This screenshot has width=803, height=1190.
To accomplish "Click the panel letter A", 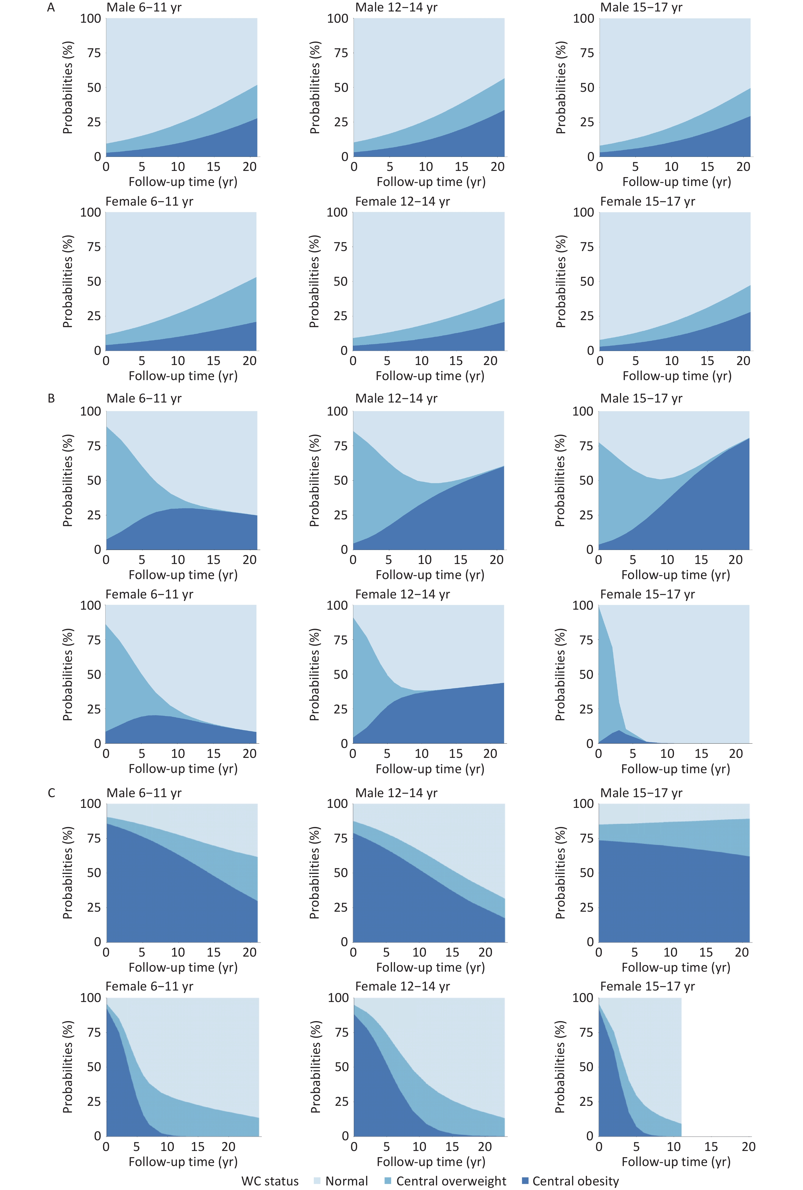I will click(51, 8).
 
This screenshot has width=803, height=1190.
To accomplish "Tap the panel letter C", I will click(51, 793).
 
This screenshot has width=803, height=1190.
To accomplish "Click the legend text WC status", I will click(270, 1181).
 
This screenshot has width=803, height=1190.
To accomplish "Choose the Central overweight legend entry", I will click(445, 1181).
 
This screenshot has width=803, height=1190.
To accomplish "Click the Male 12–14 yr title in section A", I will click(396, 8).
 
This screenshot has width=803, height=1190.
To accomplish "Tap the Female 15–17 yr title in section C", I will click(647, 986).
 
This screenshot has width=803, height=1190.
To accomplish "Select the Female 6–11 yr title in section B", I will click(149, 594).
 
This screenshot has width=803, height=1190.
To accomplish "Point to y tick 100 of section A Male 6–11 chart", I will click(90, 18).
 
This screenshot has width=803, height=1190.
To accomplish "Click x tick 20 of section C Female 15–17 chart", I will click(748, 1146).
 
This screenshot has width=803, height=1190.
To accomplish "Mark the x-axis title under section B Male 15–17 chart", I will click(676, 574).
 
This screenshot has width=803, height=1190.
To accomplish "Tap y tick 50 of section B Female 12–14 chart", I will click(340, 674).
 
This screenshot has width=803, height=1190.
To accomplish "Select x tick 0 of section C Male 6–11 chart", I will click(106, 953).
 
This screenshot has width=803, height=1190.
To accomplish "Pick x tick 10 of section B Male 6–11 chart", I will click(178, 560).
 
